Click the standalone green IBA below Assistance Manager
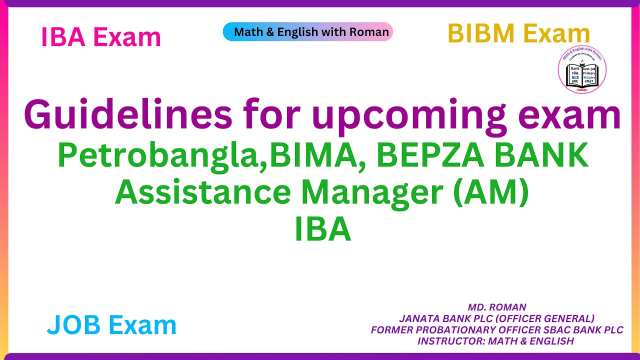(x=322, y=229)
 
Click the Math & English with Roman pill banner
(x=308, y=32)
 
